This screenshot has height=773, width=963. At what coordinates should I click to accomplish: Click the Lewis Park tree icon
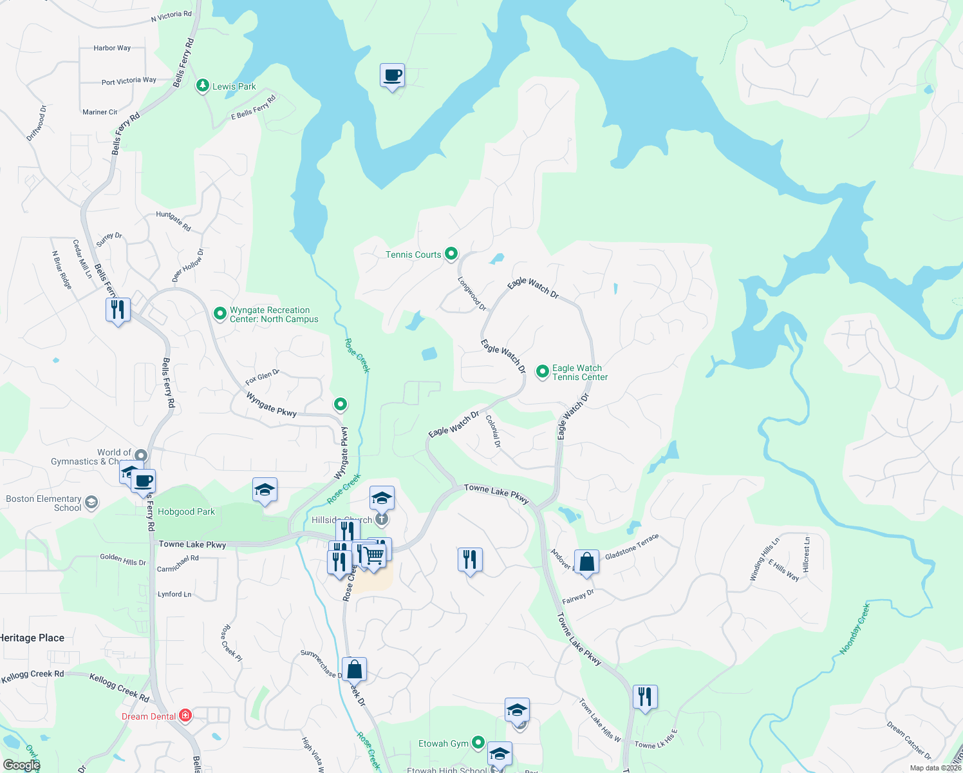pos(203,86)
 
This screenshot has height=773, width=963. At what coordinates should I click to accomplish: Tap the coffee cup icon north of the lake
pos(392,76)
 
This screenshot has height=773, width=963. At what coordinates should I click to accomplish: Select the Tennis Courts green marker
pos(451,254)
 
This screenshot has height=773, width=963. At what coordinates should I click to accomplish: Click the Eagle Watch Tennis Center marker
pos(543,372)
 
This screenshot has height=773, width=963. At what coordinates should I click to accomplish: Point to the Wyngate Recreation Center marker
pos(220,314)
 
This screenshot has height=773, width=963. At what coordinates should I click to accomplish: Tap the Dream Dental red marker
pos(185,716)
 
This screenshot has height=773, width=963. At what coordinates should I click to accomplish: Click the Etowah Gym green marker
pos(478,743)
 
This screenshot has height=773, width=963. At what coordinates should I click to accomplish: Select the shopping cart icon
pos(373,555)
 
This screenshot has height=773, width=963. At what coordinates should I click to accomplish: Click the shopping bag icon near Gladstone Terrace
pos(587,562)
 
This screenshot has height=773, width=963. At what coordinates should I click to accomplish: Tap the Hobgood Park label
pos(186,511)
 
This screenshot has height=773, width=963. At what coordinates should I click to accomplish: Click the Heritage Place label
pos(32,638)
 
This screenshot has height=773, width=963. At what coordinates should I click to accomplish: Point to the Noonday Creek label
pos(855,629)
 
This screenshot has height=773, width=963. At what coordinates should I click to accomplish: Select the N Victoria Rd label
pos(171,15)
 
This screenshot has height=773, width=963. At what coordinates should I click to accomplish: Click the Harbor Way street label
pos(112,48)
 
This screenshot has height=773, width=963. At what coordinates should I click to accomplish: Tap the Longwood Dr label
pos(472,294)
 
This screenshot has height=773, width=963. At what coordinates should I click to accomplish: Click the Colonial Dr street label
pos(493,431)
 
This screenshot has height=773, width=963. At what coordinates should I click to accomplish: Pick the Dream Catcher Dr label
pos(909,740)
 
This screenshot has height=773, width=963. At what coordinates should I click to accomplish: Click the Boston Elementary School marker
pos(91,502)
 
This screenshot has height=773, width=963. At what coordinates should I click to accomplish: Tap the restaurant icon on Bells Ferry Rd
pos(118,310)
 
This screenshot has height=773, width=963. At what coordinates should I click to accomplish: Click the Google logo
pos(21,765)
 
